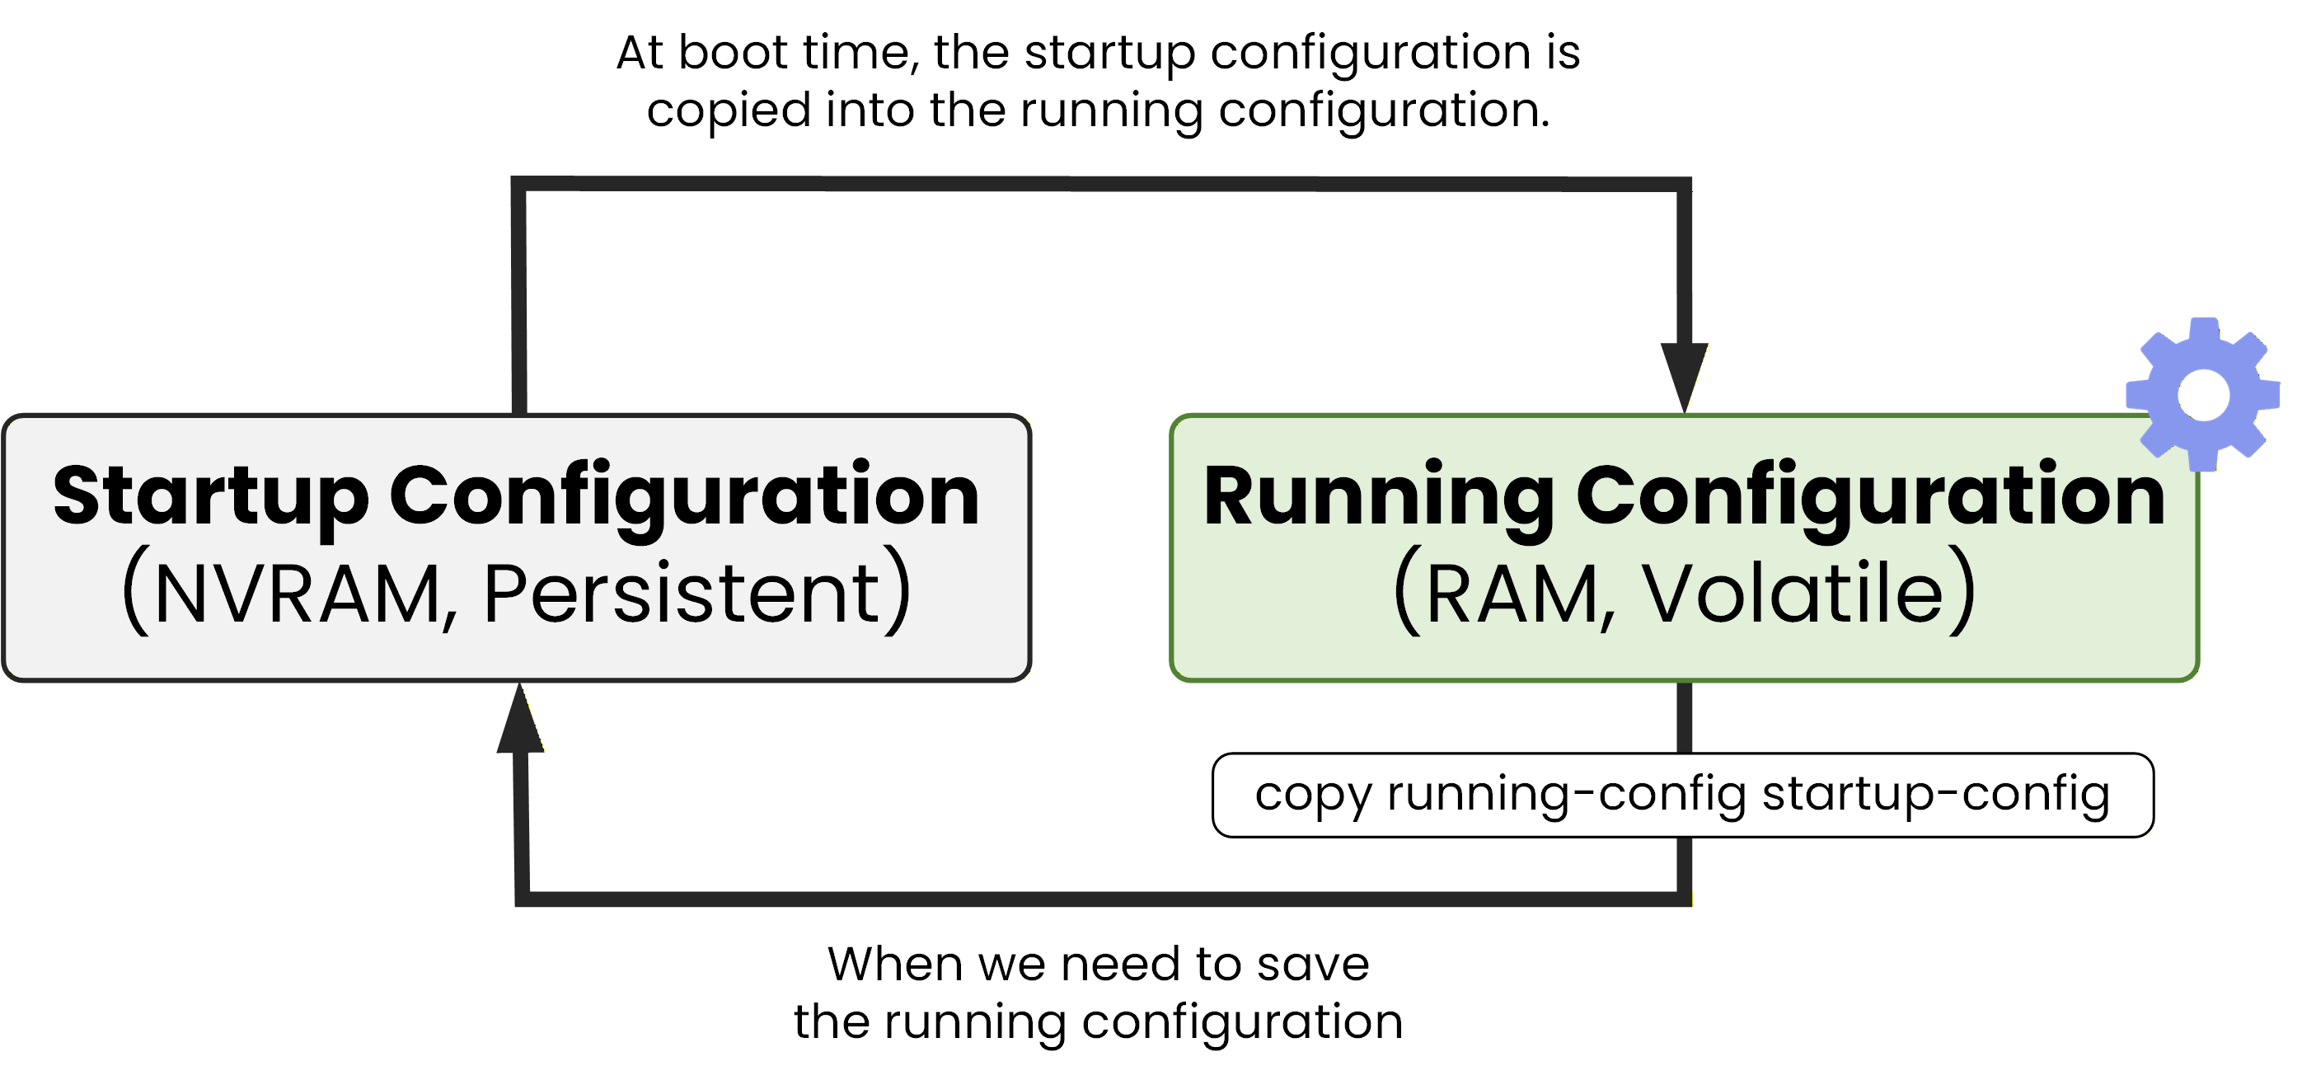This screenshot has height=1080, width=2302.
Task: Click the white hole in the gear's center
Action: [x=2203, y=394]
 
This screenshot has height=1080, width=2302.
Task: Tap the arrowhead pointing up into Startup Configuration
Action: [x=520, y=721]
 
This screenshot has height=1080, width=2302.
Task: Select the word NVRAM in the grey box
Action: [x=296, y=594]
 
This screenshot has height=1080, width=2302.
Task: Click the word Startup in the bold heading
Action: [x=211, y=496]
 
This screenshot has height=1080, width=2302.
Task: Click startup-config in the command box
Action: [x=1935, y=794]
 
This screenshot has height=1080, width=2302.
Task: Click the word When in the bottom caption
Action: [x=895, y=964]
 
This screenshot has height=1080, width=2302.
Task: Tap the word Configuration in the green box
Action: [x=1870, y=496]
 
